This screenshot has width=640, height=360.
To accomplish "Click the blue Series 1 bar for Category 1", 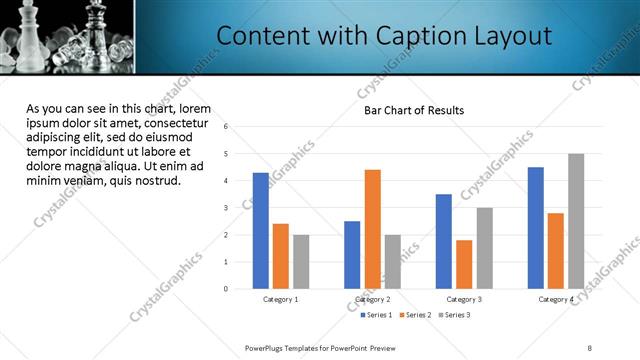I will click(261, 231).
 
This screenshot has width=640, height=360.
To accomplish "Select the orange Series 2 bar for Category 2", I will click(372, 229).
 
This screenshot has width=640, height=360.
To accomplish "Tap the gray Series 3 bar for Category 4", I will click(576, 221).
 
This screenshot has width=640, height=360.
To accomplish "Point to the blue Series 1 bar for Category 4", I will click(536, 228).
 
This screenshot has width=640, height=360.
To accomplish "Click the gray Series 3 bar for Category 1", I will click(301, 262).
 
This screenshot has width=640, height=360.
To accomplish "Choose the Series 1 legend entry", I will click(377, 315).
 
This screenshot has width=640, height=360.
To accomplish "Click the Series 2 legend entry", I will click(414, 315).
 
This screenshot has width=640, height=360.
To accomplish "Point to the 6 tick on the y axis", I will click(227, 127).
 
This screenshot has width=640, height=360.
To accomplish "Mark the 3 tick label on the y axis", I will click(227, 208).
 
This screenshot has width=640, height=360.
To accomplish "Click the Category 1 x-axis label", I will click(281, 299).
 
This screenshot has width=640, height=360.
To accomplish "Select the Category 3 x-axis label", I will click(464, 299).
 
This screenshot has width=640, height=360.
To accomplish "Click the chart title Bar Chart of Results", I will click(413, 110).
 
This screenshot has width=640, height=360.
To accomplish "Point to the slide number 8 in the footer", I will click(589, 347).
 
